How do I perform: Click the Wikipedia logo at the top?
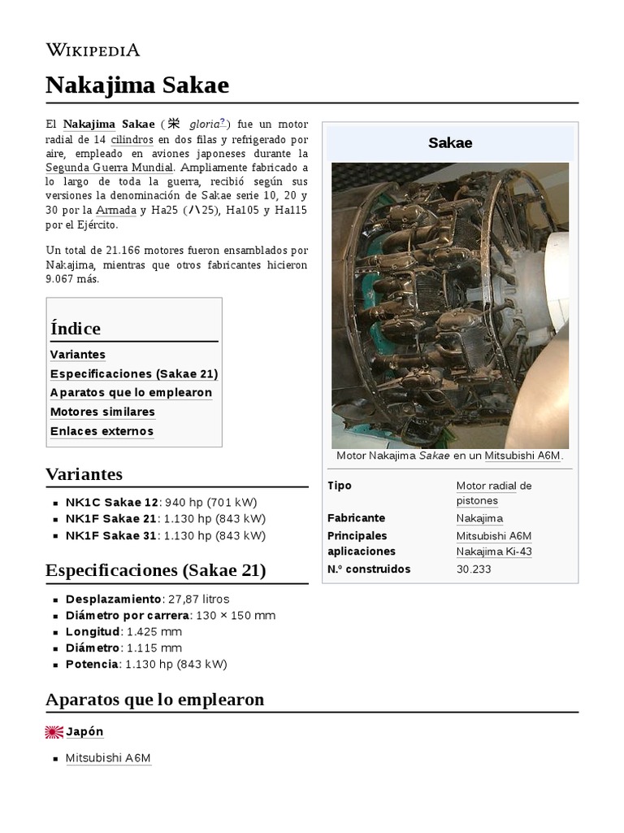click(93, 50)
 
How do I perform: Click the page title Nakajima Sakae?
click(136, 85)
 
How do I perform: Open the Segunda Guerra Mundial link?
click(109, 168)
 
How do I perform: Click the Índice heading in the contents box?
click(76, 329)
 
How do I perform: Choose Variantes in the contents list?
click(77, 355)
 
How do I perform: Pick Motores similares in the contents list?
click(102, 412)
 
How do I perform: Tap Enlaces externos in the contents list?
click(102, 431)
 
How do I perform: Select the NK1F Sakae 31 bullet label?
click(111, 535)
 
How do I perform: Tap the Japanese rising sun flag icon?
click(54, 732)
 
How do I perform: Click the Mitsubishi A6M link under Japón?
click(108, 758)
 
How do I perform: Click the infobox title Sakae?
click(450, 143)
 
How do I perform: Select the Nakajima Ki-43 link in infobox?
click(494, 552)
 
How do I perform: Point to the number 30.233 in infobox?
click(474, 569)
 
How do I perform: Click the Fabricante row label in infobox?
click(356, 518)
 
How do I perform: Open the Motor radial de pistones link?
click(493, 493)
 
